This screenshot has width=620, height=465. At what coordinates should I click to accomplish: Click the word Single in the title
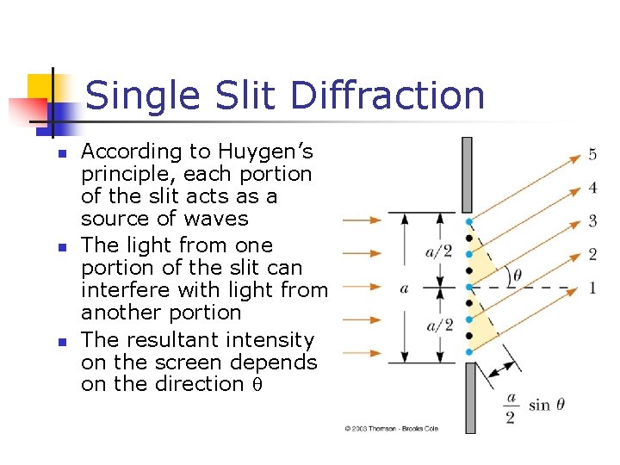pyautogui.click(x=139, y=95)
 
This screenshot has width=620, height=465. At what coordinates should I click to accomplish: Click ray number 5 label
pyautogui.click(x=592, y=155)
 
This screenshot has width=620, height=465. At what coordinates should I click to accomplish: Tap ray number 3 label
pyautogui.click(x=592, y=221)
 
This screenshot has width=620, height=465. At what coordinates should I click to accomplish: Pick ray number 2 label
pyautogui.click(x=592, y=254)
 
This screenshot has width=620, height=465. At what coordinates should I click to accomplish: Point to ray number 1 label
pyautogui.click(x=592, y=287)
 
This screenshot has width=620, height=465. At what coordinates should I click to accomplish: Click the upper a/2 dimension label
pyautogui.click(x=439, y=251)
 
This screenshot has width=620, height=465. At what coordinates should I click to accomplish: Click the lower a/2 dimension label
pyautogui.click(x=439, y=325)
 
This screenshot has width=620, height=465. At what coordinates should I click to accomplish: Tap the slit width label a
pyautogui.click(x=404, y=288)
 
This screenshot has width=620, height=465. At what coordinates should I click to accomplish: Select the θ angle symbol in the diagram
pyautogui.click(x=516, y=276)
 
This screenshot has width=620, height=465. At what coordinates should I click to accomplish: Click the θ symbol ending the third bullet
pyautogui.click(x=257, y=385)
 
